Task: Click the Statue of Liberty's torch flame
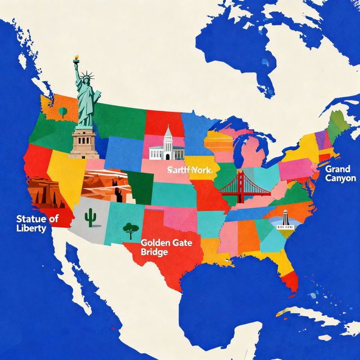click(76, 58)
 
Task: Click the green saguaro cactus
click(90, 217)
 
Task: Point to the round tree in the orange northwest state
click(62, 111)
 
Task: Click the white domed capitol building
click(167, 145)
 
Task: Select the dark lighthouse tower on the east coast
click(285, 218)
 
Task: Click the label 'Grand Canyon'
click(340, 173)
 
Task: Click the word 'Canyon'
click(340, 178)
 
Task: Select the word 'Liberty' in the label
click(31, 228)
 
